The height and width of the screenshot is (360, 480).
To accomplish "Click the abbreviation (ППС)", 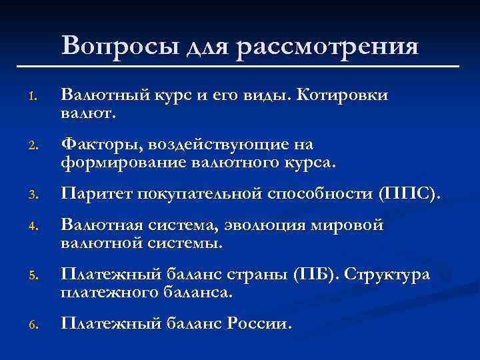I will pyautogui.click(x=407, y=195).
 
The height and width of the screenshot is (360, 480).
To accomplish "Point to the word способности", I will pyautogui.click(x=319, y=195).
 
